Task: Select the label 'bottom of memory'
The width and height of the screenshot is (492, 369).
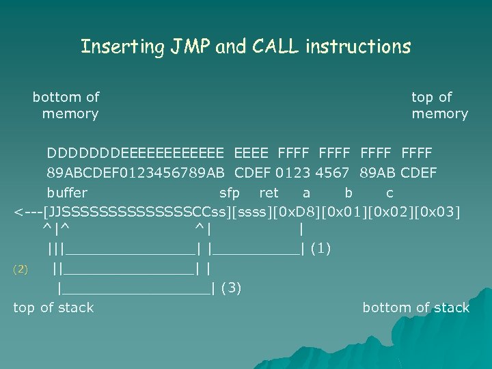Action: (67, 105)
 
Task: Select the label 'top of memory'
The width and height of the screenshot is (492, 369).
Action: (439, 105)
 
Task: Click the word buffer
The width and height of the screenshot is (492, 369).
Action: (67, 193)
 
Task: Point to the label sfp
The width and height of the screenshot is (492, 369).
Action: (229, 193)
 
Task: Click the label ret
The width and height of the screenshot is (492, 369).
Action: (269, 193)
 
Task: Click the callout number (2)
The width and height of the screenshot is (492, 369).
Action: (20, 269)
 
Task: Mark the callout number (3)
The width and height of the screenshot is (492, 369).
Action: (232, 288)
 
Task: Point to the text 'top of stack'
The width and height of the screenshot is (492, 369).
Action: (53, 307)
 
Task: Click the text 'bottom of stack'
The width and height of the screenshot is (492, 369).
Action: (415, 307)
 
